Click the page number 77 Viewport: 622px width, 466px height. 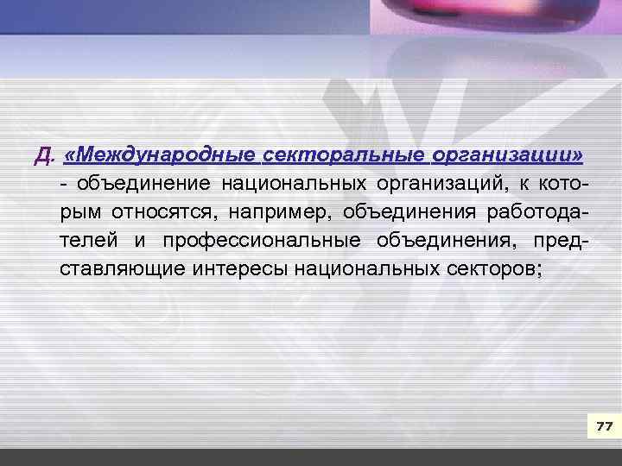[x=603, y=427]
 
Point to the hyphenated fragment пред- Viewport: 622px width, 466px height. [x=562, y=240]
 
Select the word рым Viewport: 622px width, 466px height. [x=78, y=211]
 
